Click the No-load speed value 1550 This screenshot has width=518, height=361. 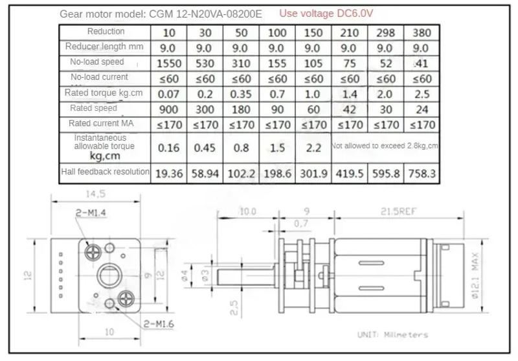[x=168, y=64]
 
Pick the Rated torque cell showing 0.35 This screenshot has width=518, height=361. [x=241, y=94]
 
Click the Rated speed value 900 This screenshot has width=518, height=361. [x=168, y=110]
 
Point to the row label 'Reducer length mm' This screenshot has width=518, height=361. [x=104, y=47]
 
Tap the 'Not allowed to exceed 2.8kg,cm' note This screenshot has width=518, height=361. [x=385, y=146]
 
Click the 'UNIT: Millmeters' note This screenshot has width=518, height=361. [x=392, y=335]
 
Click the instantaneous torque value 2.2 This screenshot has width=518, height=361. [x=313, y=148]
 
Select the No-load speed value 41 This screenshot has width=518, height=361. [x=422, y=64]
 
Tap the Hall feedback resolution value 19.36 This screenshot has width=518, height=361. [x=168, y=173]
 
